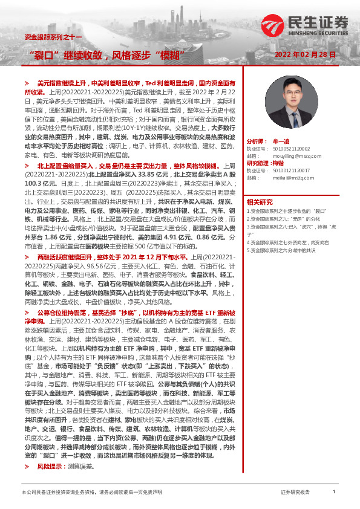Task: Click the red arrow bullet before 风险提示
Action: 26,467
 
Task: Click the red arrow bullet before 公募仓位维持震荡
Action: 26,312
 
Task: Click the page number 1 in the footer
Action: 333,493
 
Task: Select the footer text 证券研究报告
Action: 295,493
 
